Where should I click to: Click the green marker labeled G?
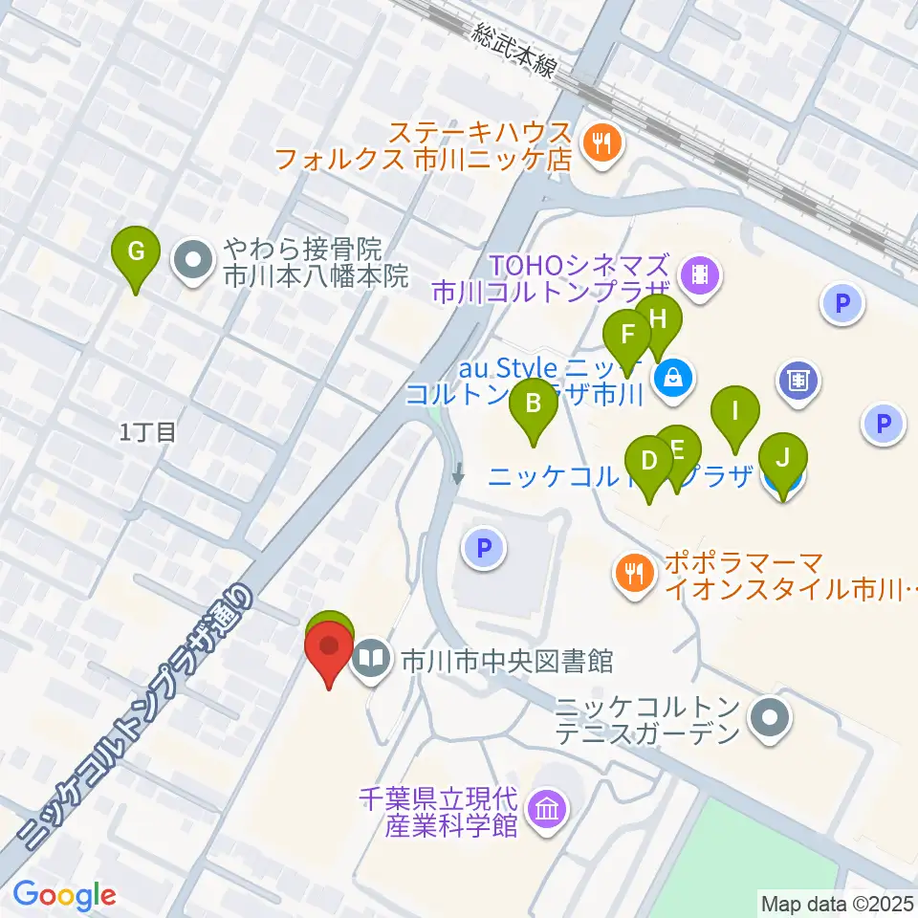click(x=136, y=253)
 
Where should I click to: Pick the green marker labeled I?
click(x=735, y=413)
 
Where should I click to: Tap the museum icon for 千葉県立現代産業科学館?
click(x=550, y=810)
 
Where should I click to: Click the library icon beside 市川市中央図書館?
click(x=371, y=658)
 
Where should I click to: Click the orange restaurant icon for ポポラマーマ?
click(x=632, y=575)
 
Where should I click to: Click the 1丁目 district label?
click(x=147, y=432)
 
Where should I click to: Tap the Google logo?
click(x=65, y=895)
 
